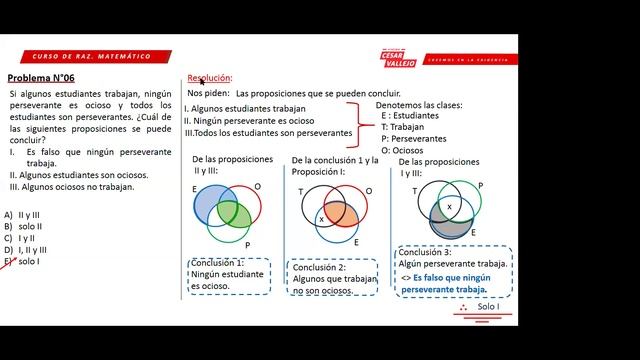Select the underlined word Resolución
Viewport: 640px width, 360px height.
tap(210, 78)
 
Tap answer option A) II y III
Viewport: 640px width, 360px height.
tap(23, 215)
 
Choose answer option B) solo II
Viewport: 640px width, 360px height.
tap(22, 227)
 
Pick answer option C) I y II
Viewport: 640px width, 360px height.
tap(21, 239)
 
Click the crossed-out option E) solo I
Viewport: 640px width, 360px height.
tap(22, 262)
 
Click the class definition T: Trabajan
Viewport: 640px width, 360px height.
tap(404, 127)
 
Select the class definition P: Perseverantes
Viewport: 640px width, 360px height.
tap(413, 139)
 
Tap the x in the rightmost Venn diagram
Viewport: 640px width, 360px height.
tap(449, 205)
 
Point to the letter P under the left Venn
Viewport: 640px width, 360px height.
tap(246, 244)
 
